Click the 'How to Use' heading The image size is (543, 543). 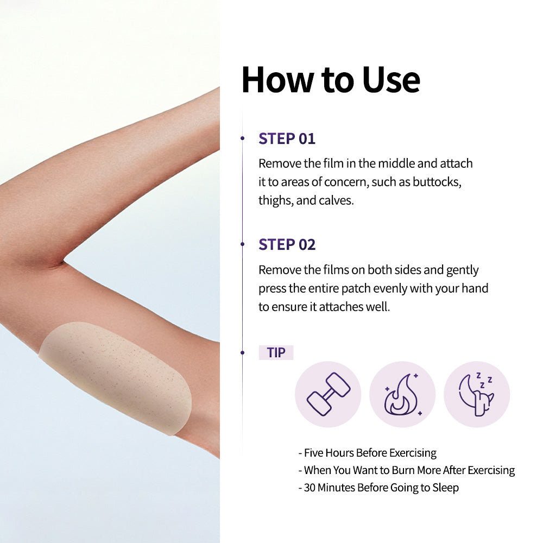[331, 80]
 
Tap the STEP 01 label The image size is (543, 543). [287, 138]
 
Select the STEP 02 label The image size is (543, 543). [287, 244]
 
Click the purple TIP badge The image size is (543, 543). [276, 352]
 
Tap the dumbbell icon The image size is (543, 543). [329, 394]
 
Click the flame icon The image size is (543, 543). [402, 394]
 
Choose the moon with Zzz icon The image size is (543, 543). [476, 394]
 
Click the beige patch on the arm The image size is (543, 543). [116, 377]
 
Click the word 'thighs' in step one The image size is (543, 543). [276, 200]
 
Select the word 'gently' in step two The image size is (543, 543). [462, 270]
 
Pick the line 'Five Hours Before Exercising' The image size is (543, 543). [368, 453]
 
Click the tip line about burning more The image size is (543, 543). [407, 470]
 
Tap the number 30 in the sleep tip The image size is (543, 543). [310, 488]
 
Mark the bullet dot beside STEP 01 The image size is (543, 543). [242, 138]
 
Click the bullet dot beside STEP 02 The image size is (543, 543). [242, 244]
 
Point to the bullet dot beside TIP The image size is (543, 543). [242, 352]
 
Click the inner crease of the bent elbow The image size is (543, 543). [63, 262]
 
